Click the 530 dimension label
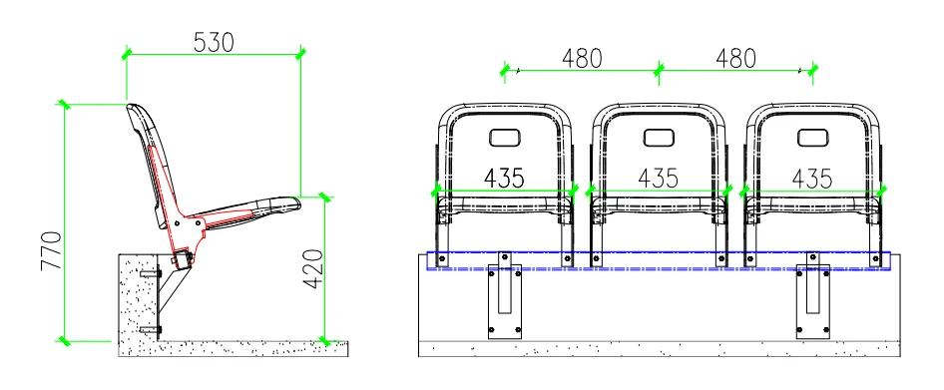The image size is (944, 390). tap(214, 42)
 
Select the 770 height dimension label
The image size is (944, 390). tap(52, 250)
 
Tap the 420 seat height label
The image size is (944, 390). tap(313, 269)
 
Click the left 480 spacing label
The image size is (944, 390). tap(582, 59)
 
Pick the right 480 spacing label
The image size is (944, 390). tap(735, 59)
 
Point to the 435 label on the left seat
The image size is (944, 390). tap(505, 179)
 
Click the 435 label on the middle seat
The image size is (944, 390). tap(658, 179)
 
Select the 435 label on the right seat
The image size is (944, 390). tap(812, 179)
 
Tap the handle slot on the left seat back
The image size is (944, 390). tap(505, 138)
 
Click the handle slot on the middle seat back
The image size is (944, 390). tap(659, 138)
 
